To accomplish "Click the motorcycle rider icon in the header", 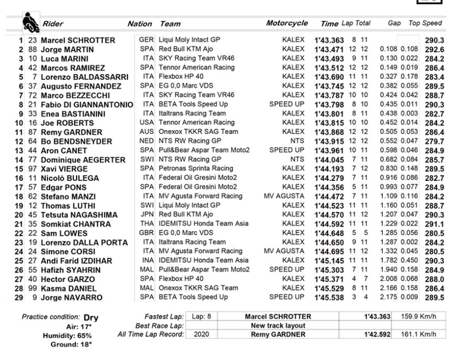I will point(30,22).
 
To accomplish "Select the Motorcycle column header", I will point(286,23).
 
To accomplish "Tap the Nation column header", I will point(139,24).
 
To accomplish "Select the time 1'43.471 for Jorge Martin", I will point(329,50).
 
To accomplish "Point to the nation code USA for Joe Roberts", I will point(147,122).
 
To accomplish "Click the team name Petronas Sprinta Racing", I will point(201,168).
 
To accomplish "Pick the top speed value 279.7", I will point(434,141).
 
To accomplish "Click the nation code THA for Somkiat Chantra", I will point(147,224).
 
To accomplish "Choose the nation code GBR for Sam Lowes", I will point(147,233).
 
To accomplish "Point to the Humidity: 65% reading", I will point(74,335).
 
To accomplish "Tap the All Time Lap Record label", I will point(151,334).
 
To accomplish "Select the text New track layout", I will point(277,325).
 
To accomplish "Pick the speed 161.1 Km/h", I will point(419,334).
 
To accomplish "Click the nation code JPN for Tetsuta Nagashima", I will point(147,215).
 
